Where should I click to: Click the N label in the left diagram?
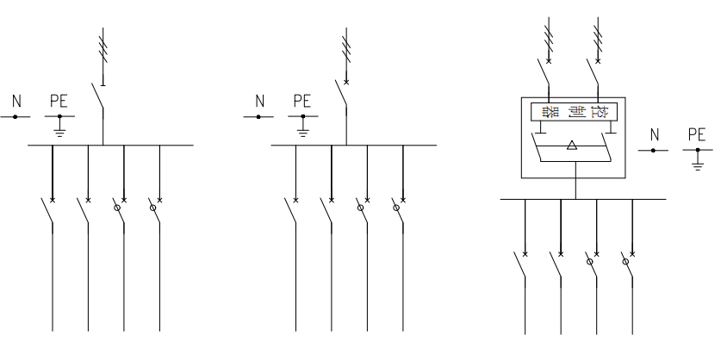[x=16, y=102]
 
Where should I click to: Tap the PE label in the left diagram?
[x=59, y=102]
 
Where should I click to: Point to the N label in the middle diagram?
[x=259, y=102]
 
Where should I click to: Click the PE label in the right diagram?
[x=697, y=135]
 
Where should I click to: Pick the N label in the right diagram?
[x=654, y=135]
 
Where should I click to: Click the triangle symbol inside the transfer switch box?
[x=573, y=146]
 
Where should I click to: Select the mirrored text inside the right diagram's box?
[x=574, y=113]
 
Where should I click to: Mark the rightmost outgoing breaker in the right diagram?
[x=629, y=266]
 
